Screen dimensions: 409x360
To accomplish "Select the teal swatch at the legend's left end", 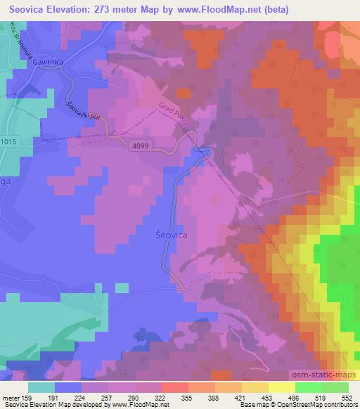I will pyautogui.click(x=42, y=387).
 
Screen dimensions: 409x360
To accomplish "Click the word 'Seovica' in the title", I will pyautogui.click(x=30, y=10).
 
